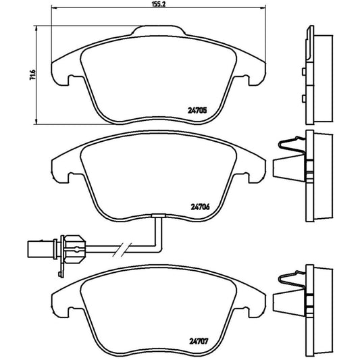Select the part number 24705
197,112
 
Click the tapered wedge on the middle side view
286,168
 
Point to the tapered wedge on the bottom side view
286,303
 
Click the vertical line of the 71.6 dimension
34,75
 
